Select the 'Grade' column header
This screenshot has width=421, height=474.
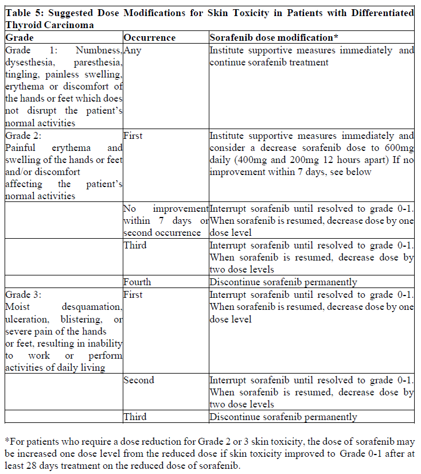click(20, 37)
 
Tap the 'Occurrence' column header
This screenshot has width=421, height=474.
click(150, 37)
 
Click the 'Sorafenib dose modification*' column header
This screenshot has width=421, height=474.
click(274, 37)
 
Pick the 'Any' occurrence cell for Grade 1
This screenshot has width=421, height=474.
click(132, 50)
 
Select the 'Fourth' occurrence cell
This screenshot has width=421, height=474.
click(138, 282)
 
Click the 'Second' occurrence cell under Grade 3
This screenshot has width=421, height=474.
click(139, 380)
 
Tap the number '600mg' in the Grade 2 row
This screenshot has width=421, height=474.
click(398, 148)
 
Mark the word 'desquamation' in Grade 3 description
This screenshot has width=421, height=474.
click(93, 307)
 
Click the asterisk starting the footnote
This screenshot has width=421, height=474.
click(6, 441)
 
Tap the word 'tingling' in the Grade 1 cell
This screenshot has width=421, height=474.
click(22, 75)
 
